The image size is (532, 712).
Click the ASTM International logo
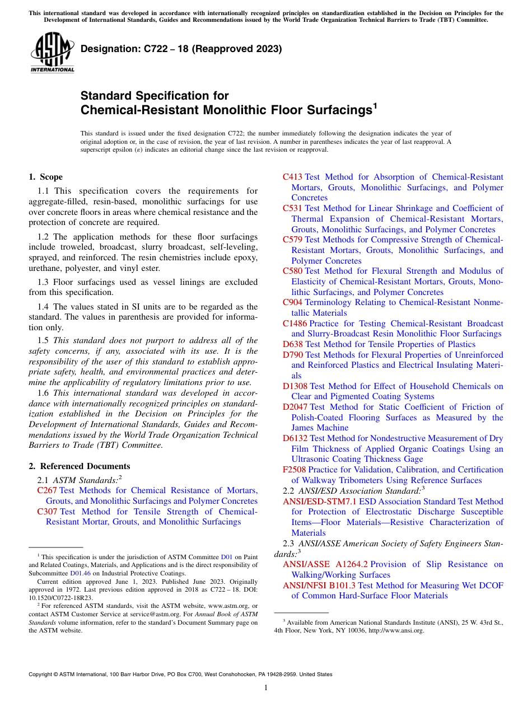[52, 53]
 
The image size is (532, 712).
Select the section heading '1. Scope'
[45, 177]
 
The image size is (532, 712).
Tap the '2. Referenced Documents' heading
[79, 466]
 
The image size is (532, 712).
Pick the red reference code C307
[47, 512]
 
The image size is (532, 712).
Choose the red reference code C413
[292, 177]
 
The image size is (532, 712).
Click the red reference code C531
[292, 208]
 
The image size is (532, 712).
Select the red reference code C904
[292, 302]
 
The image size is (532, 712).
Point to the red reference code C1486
[295, 324]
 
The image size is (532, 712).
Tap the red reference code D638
[292, 344]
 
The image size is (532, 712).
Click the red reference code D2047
[295, 407]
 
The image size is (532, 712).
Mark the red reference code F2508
[294, 470]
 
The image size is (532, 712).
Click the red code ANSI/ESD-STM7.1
[319, 502]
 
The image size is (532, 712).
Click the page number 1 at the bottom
[266, 688]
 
